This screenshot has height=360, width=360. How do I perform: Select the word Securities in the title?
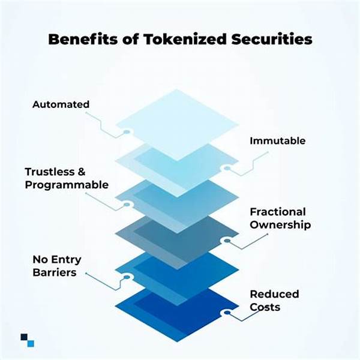click(x=272, y=39)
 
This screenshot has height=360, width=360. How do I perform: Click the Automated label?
click(x=61, y=104)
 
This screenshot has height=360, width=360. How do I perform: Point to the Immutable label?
click(x=278, y=141)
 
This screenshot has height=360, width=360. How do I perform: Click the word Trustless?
click(x=50, y=172)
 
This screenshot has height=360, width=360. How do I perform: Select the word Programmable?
click(x=67, y=185)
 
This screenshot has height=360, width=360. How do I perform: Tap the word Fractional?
click(x=278, y=212)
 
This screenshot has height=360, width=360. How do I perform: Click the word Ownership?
click(x=280, y=225)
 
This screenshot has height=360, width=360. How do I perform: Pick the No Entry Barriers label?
click(x=57, y=266)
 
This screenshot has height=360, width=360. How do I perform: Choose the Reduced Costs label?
click(x=274, y=301)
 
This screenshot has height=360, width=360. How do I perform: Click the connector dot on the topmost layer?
click(x=127, y=132)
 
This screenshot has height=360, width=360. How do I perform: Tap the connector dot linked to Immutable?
click(x=227, y=168)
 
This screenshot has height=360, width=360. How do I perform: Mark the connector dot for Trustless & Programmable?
click(x=127, y=205)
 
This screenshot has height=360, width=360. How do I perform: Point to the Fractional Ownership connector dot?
click(x=227, y=241)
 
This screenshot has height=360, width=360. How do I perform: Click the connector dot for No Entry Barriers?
click(x=127, y=277)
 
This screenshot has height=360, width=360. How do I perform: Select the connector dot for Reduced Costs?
click(x=227, y=313)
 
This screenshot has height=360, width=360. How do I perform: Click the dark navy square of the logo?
click(x=24, y=337)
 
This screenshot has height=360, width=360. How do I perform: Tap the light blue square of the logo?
click(x=31, y=344)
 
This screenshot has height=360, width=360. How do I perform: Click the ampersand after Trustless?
click(x=82, y=172)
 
